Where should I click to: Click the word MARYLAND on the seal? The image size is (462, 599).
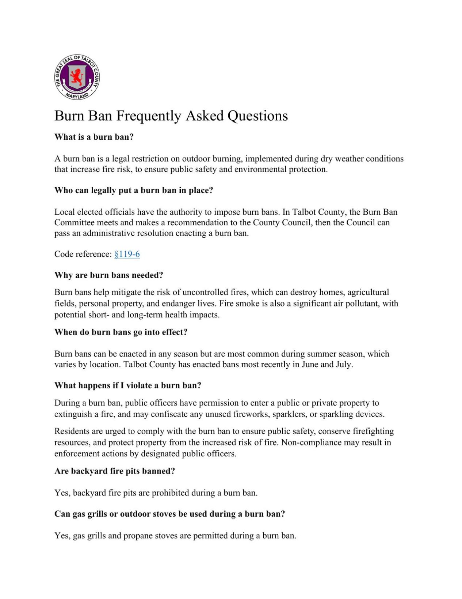pos(77,96)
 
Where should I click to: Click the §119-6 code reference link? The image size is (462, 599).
pos(127,254)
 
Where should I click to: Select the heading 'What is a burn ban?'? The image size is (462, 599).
pos(94,137)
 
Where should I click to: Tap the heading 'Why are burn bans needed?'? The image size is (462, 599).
pos(108,275)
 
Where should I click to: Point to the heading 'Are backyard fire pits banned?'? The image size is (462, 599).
pos(115,471)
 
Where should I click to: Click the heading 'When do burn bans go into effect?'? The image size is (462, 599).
pos(121,332)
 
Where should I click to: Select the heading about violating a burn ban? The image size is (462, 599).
pos(128,385)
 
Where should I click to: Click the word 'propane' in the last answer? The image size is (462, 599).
pos(138,536)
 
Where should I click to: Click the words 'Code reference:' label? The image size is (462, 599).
pos(83,254)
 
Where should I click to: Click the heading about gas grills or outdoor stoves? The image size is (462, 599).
pos(169,514)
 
